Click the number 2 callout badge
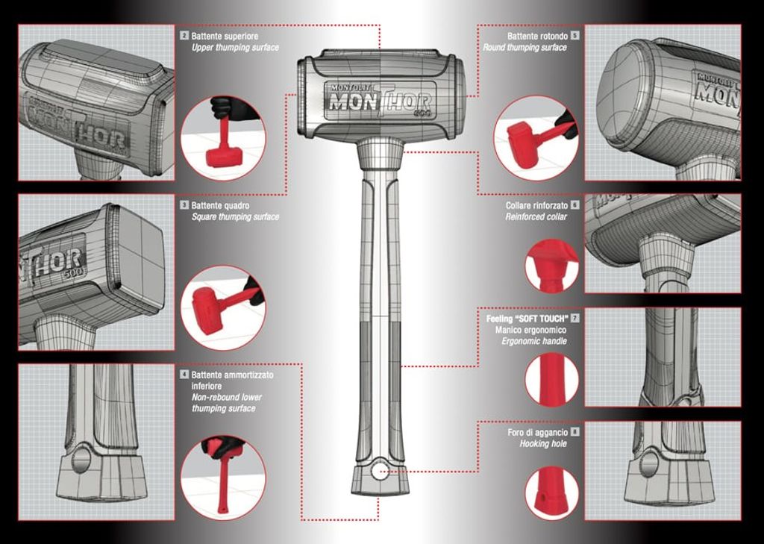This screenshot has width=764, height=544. point(184,36)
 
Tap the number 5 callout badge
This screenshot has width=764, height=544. point(575,36)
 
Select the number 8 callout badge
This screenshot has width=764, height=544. point(575,431)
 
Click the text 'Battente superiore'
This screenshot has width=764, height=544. point(225,36)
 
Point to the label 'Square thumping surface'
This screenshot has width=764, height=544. point(235,217)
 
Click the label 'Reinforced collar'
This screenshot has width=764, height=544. point(536,217)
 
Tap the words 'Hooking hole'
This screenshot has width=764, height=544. point(543,443)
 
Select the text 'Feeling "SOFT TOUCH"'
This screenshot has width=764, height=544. point(527,319)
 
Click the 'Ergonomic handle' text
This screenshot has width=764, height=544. point(534,341)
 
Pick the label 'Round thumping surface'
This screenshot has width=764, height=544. point(525,47)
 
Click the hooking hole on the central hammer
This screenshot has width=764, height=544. point(379,470)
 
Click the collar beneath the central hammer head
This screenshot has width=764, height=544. point(380,151)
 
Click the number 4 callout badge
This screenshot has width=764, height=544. point(184,375)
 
